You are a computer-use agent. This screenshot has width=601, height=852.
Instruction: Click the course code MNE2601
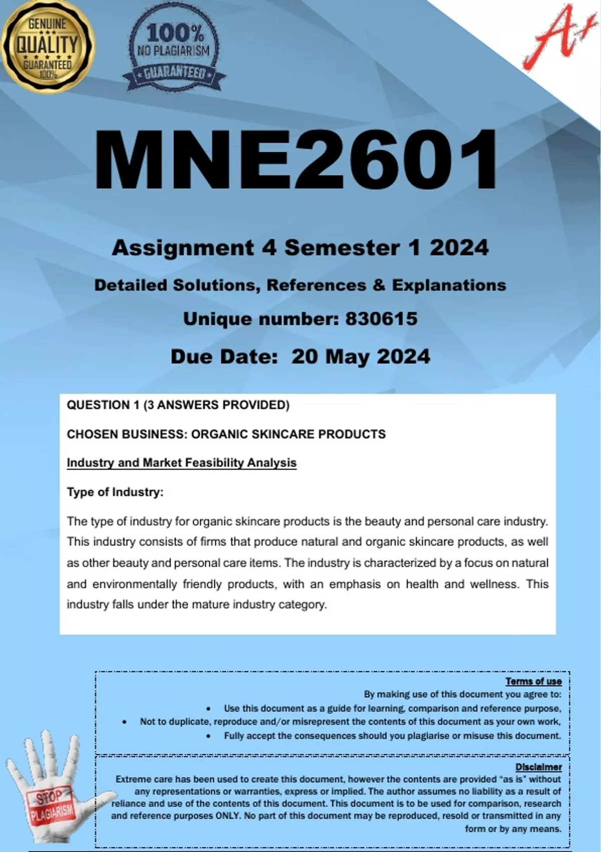[296, 159]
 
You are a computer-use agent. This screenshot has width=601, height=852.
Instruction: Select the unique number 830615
[382, 319]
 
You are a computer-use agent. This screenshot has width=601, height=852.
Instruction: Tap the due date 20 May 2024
[361, 357]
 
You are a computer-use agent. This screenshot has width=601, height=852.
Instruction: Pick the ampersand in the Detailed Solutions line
[379, 285]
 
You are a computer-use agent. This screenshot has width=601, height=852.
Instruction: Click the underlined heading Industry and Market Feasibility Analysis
[181, 463]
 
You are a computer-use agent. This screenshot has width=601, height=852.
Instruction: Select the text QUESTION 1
[103, 405]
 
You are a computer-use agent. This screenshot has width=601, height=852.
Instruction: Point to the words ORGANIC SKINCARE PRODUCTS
[288, 434]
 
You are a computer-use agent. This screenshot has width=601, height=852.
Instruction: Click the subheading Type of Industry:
[115, 492]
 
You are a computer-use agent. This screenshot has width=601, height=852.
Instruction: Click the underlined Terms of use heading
[533, 681]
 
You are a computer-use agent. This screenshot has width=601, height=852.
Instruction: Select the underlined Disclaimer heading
[538, 767]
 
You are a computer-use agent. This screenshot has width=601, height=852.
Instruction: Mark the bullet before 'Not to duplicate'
[124, 722]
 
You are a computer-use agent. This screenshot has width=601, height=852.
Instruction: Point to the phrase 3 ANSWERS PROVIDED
[216, 405]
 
